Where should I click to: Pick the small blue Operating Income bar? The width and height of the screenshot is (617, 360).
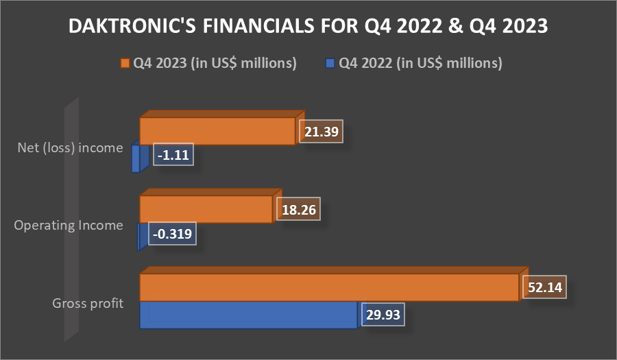(142, 237)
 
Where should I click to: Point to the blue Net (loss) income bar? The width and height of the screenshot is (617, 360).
(140, 158)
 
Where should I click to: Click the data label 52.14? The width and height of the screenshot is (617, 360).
(544, 287)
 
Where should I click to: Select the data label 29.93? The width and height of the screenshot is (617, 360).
(383, 314)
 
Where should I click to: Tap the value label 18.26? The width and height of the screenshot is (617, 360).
(299, 209)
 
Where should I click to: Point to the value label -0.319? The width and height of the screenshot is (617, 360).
(172, 234)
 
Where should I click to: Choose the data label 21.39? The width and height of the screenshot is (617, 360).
(321, 132)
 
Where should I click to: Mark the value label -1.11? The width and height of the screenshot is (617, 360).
(173, 154)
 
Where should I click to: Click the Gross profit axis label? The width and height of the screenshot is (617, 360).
(88, 303)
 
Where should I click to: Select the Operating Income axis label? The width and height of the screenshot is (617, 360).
(69, 225)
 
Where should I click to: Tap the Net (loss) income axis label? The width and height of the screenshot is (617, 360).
(70, 147)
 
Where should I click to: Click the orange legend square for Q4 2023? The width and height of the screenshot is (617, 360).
(125, 63)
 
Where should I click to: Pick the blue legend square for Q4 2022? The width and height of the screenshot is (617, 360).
(330, 63)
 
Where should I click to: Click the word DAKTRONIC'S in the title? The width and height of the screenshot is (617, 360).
(132, 26)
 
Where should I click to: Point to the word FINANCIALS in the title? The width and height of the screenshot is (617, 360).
(258, 26)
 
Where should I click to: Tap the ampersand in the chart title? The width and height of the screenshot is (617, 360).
(455, 26)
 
